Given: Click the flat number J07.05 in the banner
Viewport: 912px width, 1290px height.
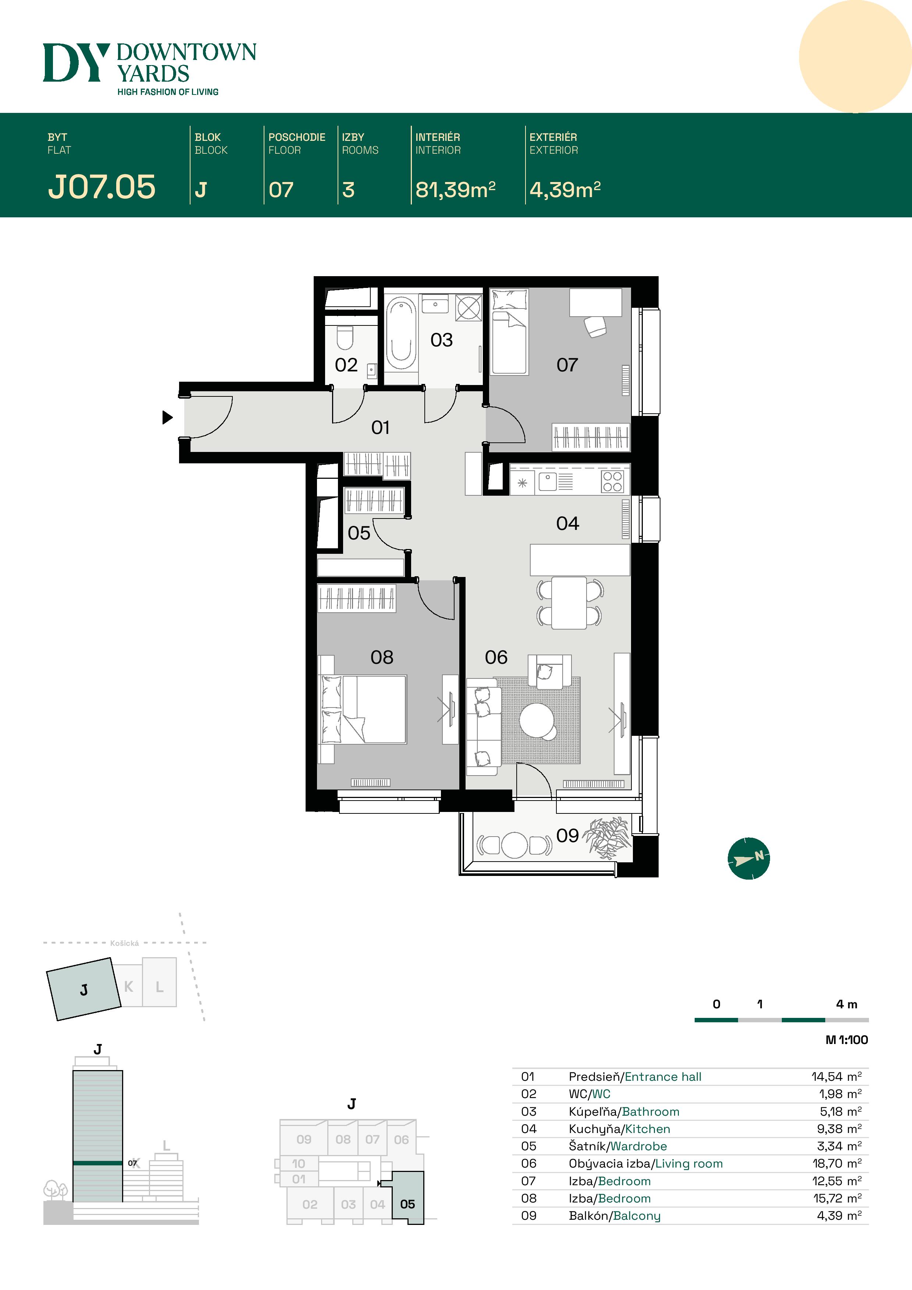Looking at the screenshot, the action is point(102,187).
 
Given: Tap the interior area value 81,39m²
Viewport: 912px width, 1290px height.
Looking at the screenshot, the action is point(455,189).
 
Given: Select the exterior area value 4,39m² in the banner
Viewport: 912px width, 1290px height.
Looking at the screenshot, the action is point(565,189).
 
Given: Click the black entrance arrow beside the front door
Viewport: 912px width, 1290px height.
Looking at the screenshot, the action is point(167,417).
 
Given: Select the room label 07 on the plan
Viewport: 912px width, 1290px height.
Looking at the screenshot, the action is point(567,365).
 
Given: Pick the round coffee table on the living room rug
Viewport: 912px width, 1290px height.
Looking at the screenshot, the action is point(537,720).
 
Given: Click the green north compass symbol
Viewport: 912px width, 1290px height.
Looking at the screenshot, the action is point(748,859).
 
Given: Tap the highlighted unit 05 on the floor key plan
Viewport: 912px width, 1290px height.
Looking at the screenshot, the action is point(407,1204).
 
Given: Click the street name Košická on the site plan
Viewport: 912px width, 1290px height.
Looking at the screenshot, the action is point(124,943).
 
